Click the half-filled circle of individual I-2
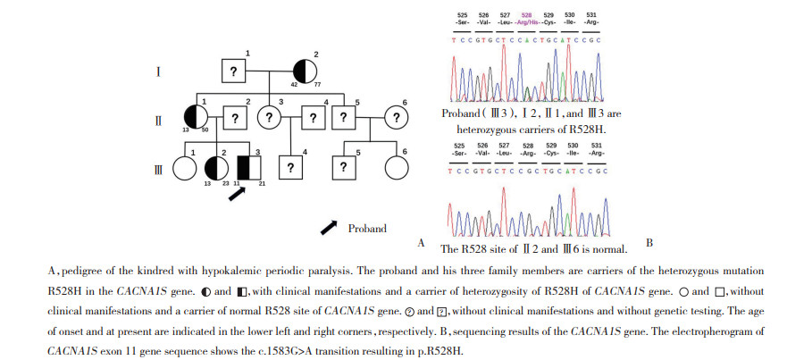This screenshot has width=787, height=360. click(x=305, y=71)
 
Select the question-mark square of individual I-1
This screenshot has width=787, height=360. click(x=232, y=71)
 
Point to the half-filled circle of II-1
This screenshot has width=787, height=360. click(x=196, y=118)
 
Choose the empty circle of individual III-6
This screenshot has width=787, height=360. click(x=397, y=166)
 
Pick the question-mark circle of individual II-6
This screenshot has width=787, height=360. click(x=397, y=118)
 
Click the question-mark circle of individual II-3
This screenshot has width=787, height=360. click(x=270, y=118)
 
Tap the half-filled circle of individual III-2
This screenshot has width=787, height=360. click(x=215, y=166)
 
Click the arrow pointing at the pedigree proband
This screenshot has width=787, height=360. click(x=237, y=194)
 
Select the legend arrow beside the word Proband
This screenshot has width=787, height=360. click(x=329, y=229)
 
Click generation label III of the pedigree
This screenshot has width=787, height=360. click(x=158, y=167)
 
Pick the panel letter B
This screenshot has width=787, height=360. click(x=649, y=242)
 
